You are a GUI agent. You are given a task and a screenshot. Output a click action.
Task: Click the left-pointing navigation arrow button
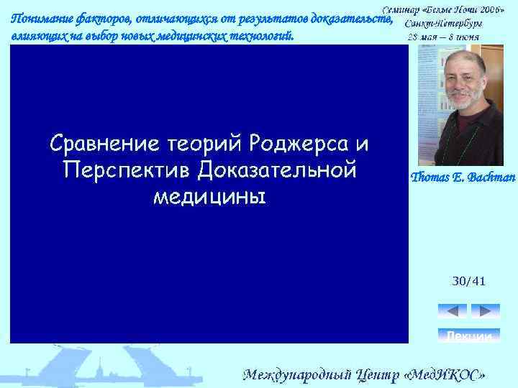click(452, 311)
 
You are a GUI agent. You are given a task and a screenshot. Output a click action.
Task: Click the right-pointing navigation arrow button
click(485, 311)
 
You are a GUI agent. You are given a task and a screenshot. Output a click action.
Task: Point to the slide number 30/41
click(468, 281)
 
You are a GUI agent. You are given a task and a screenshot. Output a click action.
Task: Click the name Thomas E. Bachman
click(463, 177)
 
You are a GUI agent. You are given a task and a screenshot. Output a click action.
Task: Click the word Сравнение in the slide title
click(101, 144)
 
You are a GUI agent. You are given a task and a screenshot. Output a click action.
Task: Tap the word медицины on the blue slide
click(209, 196)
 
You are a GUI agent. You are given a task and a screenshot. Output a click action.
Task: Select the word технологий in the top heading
click(262, 36)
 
